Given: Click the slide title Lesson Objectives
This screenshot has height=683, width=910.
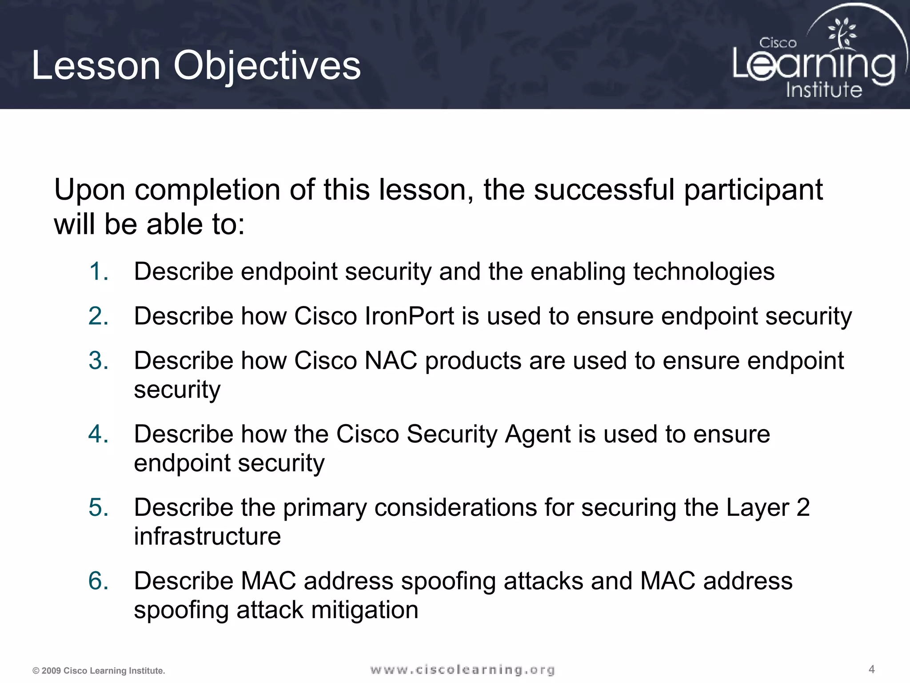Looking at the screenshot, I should (x=196, y=66).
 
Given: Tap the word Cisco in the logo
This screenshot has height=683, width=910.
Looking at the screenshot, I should (x=778, y=43).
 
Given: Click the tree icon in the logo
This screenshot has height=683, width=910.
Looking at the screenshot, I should (x=841, y=33).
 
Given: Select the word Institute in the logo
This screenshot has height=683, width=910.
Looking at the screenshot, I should (x=824, y=90).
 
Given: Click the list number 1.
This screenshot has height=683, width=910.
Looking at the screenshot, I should (x=98, y=272).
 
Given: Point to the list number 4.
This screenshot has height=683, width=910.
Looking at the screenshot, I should (x=98, y=434).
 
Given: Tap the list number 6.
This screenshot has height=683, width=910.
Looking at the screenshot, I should (x=98, y=581).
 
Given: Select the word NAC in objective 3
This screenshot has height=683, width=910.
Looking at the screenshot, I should (x=391, y=361).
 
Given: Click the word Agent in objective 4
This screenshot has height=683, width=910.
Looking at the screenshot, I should (x=537, y=434).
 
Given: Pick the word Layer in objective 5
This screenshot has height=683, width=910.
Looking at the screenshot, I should (x=757, y=508).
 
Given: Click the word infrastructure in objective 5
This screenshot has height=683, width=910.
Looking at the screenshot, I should (x=207, y=536).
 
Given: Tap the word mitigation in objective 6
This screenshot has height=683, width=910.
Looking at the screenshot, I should (x=364, y=610).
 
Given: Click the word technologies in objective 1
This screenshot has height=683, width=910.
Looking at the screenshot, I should (x=703, y=272).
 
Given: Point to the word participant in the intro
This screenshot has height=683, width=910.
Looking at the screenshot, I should (x=753, y=190).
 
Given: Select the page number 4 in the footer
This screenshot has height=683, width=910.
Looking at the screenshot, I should (x=871, y=669).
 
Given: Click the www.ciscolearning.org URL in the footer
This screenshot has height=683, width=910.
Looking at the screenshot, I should (x=462, y=670).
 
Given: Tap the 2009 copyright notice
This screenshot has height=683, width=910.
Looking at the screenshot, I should (x=99, y=671).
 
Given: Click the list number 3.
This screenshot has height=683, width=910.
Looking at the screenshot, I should (x=98, y=361).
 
